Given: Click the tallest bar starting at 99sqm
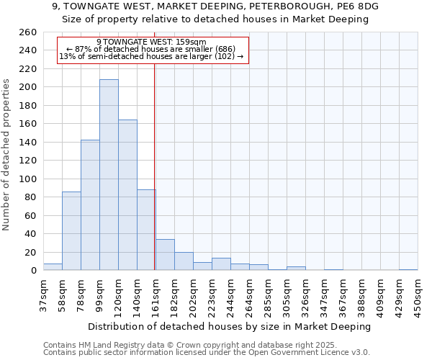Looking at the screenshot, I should [109, 175].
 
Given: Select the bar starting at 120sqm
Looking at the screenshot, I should [127, 194].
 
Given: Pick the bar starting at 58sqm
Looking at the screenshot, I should [71, 230].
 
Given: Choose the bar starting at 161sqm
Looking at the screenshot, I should [165, 255].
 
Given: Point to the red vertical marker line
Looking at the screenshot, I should [155, 166].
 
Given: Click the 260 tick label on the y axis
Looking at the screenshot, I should [28, 32].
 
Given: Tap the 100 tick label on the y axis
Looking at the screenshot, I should [28, 179].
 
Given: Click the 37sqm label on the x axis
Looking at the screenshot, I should [43, 294].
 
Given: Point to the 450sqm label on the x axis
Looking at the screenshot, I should [418, 294].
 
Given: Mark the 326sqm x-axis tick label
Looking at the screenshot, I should [305, 294].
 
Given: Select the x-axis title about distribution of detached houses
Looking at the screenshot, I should [230, 326].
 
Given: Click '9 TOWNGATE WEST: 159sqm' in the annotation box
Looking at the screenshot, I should [151, 42].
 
